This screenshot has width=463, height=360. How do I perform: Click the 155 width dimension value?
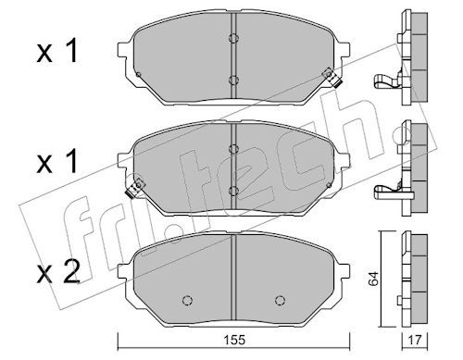point(234,340)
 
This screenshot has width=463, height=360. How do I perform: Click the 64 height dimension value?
point(373,279)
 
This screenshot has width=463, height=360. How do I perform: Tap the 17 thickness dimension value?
point(414,340)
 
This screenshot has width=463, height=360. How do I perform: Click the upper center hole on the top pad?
point(233,38)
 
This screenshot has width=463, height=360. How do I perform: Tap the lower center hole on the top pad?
point(233,81)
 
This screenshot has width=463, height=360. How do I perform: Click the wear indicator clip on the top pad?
point(332,78)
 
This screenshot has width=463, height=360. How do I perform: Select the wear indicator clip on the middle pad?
point(134,188)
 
